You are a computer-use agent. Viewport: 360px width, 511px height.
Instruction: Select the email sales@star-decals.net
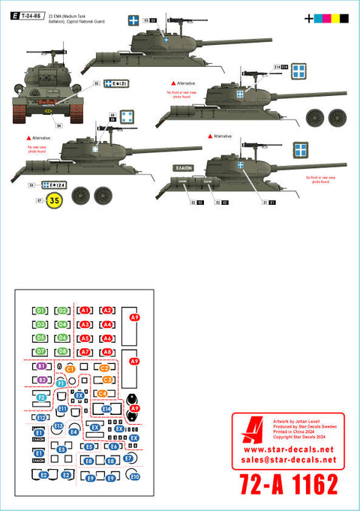click(288, 461)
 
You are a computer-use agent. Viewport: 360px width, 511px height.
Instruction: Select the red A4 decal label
click(107, 324)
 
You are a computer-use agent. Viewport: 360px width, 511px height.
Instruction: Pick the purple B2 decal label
click(41, 380)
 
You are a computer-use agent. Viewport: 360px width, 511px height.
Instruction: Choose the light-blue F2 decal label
click(42, 397)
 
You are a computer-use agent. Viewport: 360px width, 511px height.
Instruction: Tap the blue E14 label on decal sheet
click(106, 409)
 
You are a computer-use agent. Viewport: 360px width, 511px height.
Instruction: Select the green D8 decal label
click(63, 351)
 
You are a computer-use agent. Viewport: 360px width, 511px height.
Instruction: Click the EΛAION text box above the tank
click(183, 168)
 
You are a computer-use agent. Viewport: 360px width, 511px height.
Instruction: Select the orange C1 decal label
click(70, 368)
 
